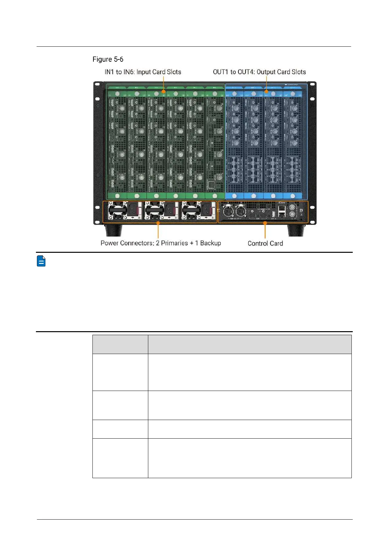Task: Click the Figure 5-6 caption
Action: tap(108, 59)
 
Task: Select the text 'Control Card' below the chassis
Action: tap(265, 243)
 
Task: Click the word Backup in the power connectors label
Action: tap(210, 243)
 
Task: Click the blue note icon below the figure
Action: tap(41, 261)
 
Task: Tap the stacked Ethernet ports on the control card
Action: tap(282, 212)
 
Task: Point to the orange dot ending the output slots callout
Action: tap(267, 91)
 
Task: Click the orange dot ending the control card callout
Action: tap(265, 223)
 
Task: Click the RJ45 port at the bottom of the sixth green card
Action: tap(211, 185)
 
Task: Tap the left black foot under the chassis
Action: tap(113, 230)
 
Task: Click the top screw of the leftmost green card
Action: tap(117, 94)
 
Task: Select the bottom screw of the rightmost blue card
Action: tap(293, 196)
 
